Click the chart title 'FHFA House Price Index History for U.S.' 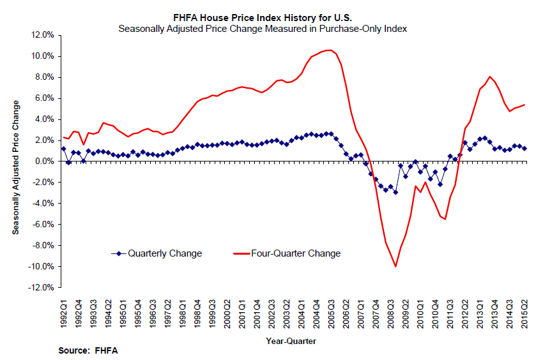coord(263,18)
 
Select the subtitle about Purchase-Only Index coord(263,29)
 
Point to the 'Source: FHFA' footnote coord(88,351)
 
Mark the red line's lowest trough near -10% coord(396,266)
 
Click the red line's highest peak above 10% coord(328,50)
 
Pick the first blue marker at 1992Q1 coord(63,149)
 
